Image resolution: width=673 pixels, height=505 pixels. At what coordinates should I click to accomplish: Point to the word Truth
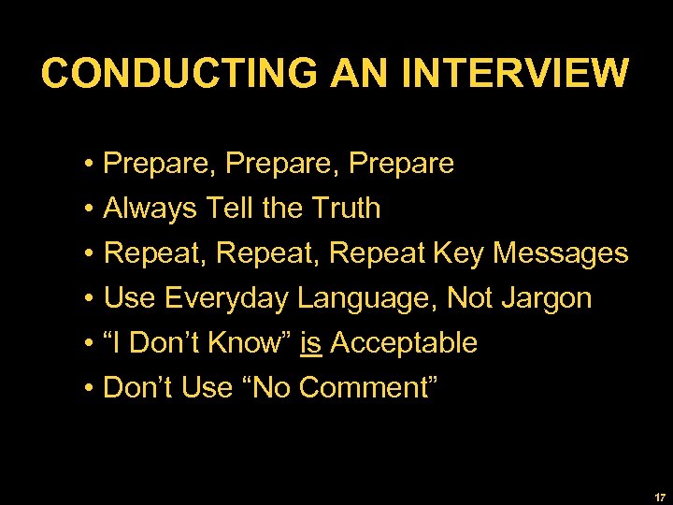(x=343, y=209)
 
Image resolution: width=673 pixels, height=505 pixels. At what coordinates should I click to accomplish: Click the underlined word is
(x=311, y=343)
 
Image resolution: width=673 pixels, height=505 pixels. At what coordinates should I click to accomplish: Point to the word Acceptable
(x=404, y=343)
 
